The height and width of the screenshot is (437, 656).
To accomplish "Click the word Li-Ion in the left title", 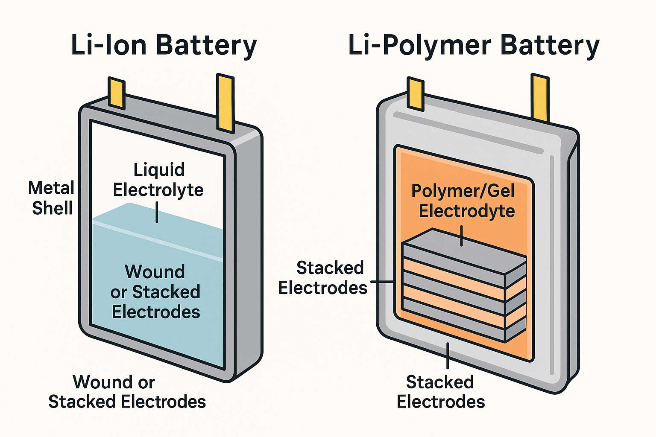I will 109,45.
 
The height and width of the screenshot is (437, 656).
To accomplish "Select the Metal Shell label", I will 52,198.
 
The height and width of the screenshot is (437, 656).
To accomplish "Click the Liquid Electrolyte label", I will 158,180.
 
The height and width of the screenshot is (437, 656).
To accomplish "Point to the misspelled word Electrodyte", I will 466,211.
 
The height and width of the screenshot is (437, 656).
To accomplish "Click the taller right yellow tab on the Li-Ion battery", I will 225,102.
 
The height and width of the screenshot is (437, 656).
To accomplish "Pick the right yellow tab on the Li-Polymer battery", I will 540,97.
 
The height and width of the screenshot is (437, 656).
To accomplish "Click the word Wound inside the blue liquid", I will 155,272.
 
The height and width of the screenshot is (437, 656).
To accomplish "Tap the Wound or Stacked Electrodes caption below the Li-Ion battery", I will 127,392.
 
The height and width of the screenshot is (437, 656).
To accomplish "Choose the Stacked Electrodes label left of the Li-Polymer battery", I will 323,278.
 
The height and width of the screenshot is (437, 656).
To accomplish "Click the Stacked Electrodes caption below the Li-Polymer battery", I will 440,392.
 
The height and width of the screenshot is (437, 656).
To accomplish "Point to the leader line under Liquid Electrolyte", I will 157,212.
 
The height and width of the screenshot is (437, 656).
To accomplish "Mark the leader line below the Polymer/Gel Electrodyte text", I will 462,236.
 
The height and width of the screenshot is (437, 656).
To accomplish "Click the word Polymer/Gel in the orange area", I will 463,191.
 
